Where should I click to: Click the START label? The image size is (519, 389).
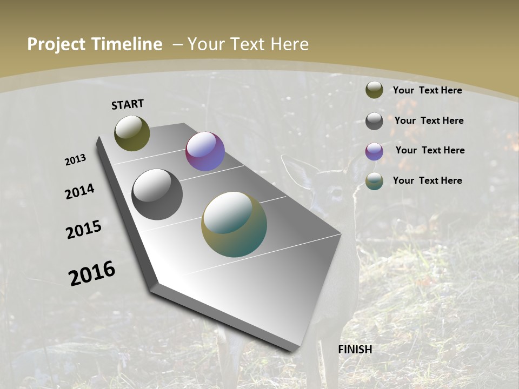tap(128, 104)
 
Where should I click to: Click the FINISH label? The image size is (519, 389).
tap(355, 350)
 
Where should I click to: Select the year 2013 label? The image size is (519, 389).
tap(75, 160)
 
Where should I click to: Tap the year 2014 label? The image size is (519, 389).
tap(79, 192)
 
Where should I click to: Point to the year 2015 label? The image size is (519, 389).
tap(84, 230)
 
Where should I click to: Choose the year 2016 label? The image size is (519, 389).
tap(92, 273)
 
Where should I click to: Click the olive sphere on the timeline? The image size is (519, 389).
tap(132, 133)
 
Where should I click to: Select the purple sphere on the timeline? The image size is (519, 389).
tap(205, 151)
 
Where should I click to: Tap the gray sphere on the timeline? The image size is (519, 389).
tap(157, 194)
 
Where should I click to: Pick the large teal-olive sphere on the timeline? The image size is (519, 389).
tap(234, 224)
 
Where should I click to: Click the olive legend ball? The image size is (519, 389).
tap(374, 90)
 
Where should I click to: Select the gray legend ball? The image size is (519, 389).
tap(374, 120)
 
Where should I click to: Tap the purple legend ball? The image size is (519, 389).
tap(374, 151)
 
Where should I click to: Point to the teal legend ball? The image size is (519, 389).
tap(374, 181)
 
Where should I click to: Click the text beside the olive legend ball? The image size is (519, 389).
tap(427, 90)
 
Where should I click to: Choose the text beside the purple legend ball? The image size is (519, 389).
tap(430, 150)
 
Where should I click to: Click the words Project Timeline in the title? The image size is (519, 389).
tap(95, 44)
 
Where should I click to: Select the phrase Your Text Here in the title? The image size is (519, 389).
tap(248, 44)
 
